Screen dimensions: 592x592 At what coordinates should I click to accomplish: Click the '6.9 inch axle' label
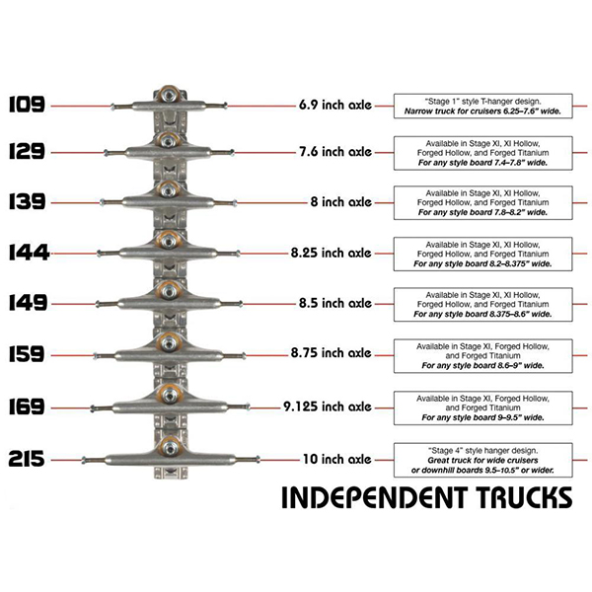333,104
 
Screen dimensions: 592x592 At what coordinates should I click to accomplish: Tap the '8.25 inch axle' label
330,254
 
